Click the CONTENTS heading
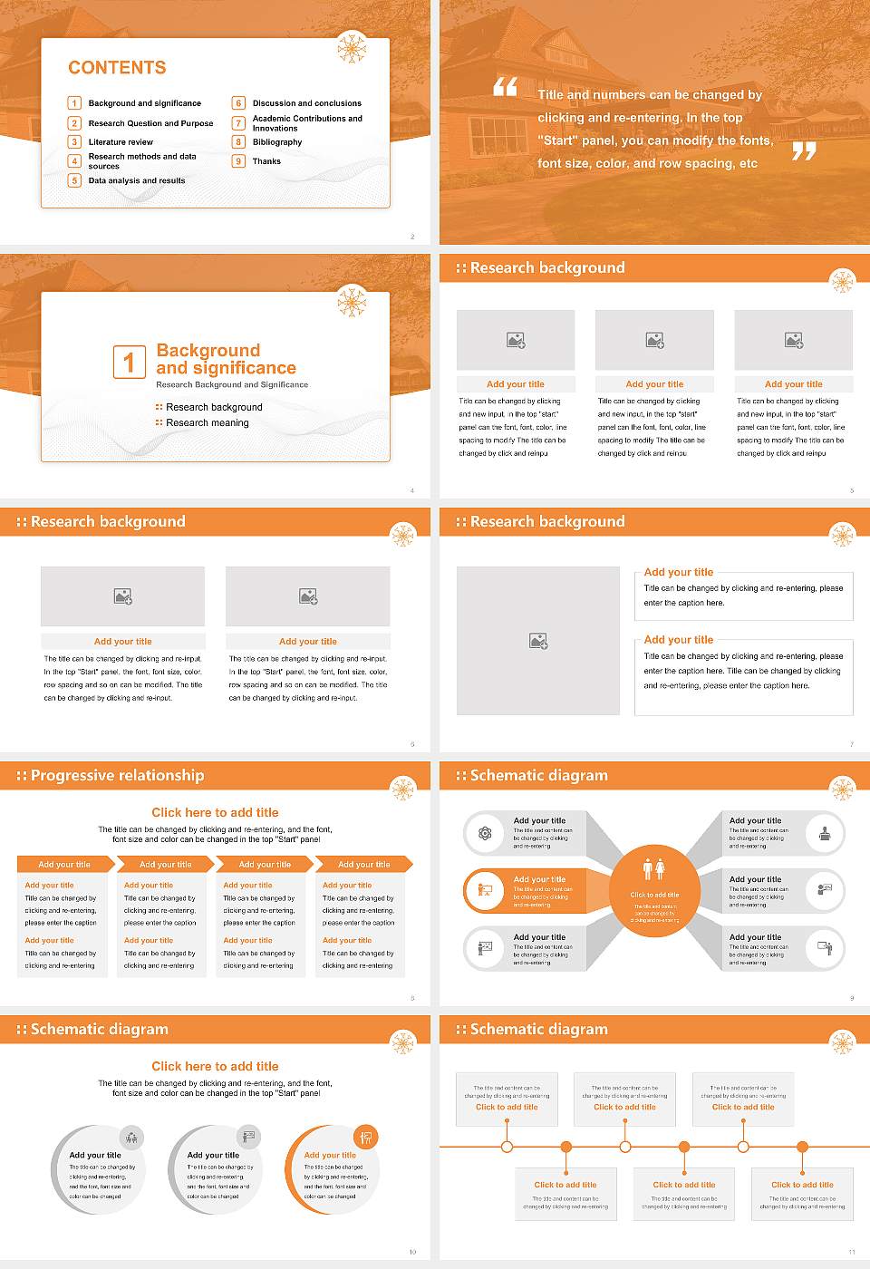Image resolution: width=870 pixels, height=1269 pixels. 117,68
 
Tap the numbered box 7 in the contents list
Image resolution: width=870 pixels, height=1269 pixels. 239,123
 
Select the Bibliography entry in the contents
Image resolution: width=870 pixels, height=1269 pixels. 276,142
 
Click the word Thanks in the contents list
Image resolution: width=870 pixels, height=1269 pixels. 266,161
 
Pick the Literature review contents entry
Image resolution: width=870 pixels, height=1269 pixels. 121,142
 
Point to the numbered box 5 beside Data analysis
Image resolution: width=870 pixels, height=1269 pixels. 75,180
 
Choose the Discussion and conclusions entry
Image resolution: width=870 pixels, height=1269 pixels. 306,103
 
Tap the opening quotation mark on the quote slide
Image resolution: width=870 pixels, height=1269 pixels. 505,87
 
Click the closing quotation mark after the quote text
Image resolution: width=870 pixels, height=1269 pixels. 804,150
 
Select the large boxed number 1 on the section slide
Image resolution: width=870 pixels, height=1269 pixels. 129,362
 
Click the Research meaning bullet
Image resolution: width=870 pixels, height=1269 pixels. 207,423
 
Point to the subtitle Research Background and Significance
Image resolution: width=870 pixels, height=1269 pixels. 232,384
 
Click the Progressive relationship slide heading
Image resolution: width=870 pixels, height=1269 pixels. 117,775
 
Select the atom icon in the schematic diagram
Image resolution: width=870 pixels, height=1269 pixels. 485,833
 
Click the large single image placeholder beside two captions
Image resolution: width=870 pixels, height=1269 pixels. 538,641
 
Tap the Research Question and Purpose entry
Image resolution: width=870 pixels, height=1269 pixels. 150,123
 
